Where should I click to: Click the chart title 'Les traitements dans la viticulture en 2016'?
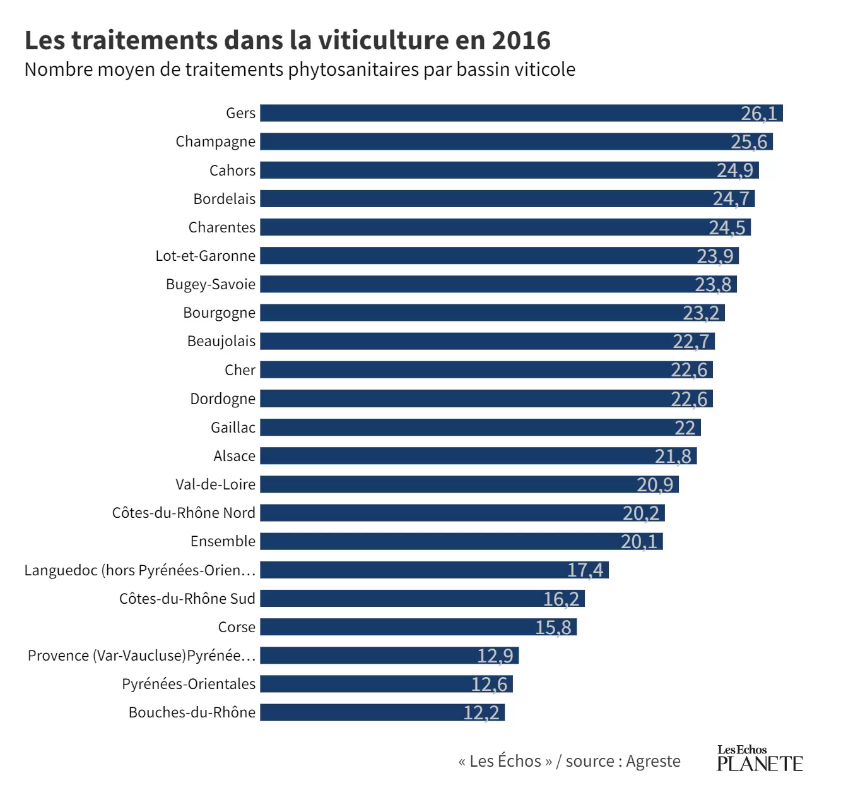(x=287, y=40)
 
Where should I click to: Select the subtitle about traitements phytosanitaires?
(x=300, y=69)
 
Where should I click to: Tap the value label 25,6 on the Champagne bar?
(x=749, y=142)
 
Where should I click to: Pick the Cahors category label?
(x=232, y=171)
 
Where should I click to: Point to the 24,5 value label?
(x=727, y=227)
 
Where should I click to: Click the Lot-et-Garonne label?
(x=206, y=256)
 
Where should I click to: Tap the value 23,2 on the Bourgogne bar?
(x=701, y=313)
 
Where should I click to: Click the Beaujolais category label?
(x=221, y=342)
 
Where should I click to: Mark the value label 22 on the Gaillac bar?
(x=685, y=428)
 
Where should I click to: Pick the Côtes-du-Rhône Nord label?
(x=184, y=513)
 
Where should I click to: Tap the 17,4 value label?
(x=585, y=570)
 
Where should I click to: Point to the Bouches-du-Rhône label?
(x=192, y=712)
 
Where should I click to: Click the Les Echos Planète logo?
(x=760, y=758)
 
